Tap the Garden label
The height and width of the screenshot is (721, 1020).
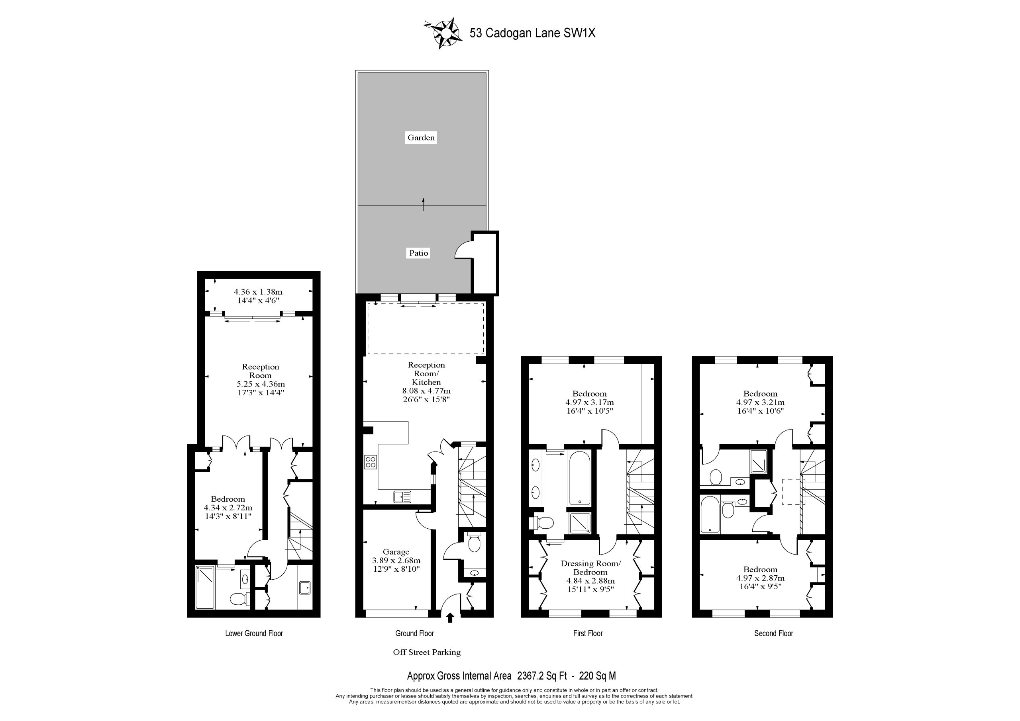pyautogui.click(x=421, y=138)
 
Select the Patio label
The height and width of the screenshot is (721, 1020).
pyautogui.click(x=419, y=253)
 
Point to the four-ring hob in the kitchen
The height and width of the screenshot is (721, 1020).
pyautogui.click(x=371, y=462)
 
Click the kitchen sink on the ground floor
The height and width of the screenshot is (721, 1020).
pyautogui.click(x=402, y=497)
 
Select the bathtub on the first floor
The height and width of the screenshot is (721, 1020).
pyautogui.click(x=580, y=478)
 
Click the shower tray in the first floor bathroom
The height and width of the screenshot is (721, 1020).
pyautogui.click(x=581, y=524)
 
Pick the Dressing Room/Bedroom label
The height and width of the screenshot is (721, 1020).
pyautogui.click(x=590, y=568)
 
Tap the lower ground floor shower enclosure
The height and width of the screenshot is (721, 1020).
pyautogui.click(x=206, y=587)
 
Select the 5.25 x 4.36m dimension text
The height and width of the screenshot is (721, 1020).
pyautogui.click(x=261, y=384)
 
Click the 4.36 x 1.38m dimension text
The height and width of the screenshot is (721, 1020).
pyautogui.click(x=258, y=292)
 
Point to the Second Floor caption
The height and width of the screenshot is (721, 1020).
pyautogui.click(x=773, y=633)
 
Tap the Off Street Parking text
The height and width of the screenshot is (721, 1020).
pyautogui.click(x=427, y=652)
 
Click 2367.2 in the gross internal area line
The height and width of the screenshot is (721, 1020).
pyautogui.click(x=530, y=676)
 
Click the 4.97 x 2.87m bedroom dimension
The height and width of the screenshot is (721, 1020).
pyautogui.click(x=761, y=578)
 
